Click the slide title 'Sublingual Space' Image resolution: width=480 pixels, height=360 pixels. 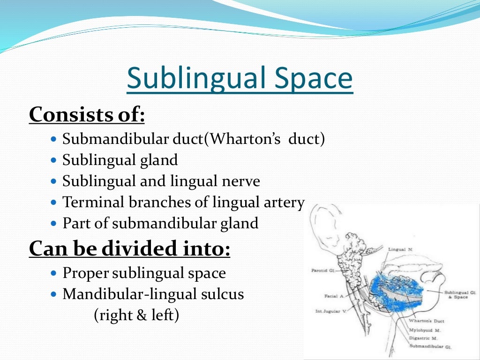click(240, 78)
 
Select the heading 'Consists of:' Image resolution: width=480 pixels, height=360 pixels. click(87, 114)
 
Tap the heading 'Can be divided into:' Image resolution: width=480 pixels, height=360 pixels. click(129, 248)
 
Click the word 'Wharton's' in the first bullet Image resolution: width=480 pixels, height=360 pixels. click(244, 139)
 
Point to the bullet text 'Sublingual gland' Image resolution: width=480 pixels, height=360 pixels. click(120, 160)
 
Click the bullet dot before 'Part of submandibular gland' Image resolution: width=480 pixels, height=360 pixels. click(53, 224)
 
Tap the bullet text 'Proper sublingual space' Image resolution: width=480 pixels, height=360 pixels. click(144, 273)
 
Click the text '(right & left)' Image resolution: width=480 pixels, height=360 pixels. click(136, 315)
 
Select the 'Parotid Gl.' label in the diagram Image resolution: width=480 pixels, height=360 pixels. click(322, 271)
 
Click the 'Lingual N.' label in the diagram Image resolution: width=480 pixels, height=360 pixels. click(400, 250)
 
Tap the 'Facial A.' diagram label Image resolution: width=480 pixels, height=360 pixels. click(334, 296)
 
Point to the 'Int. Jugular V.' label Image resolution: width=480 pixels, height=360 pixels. click(330, 311)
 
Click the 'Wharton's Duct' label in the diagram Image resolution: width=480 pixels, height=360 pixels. click(426, 321)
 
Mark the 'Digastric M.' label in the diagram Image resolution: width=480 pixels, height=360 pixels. click(423, 337)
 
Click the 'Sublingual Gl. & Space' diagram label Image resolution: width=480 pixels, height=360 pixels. click(456, 294)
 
